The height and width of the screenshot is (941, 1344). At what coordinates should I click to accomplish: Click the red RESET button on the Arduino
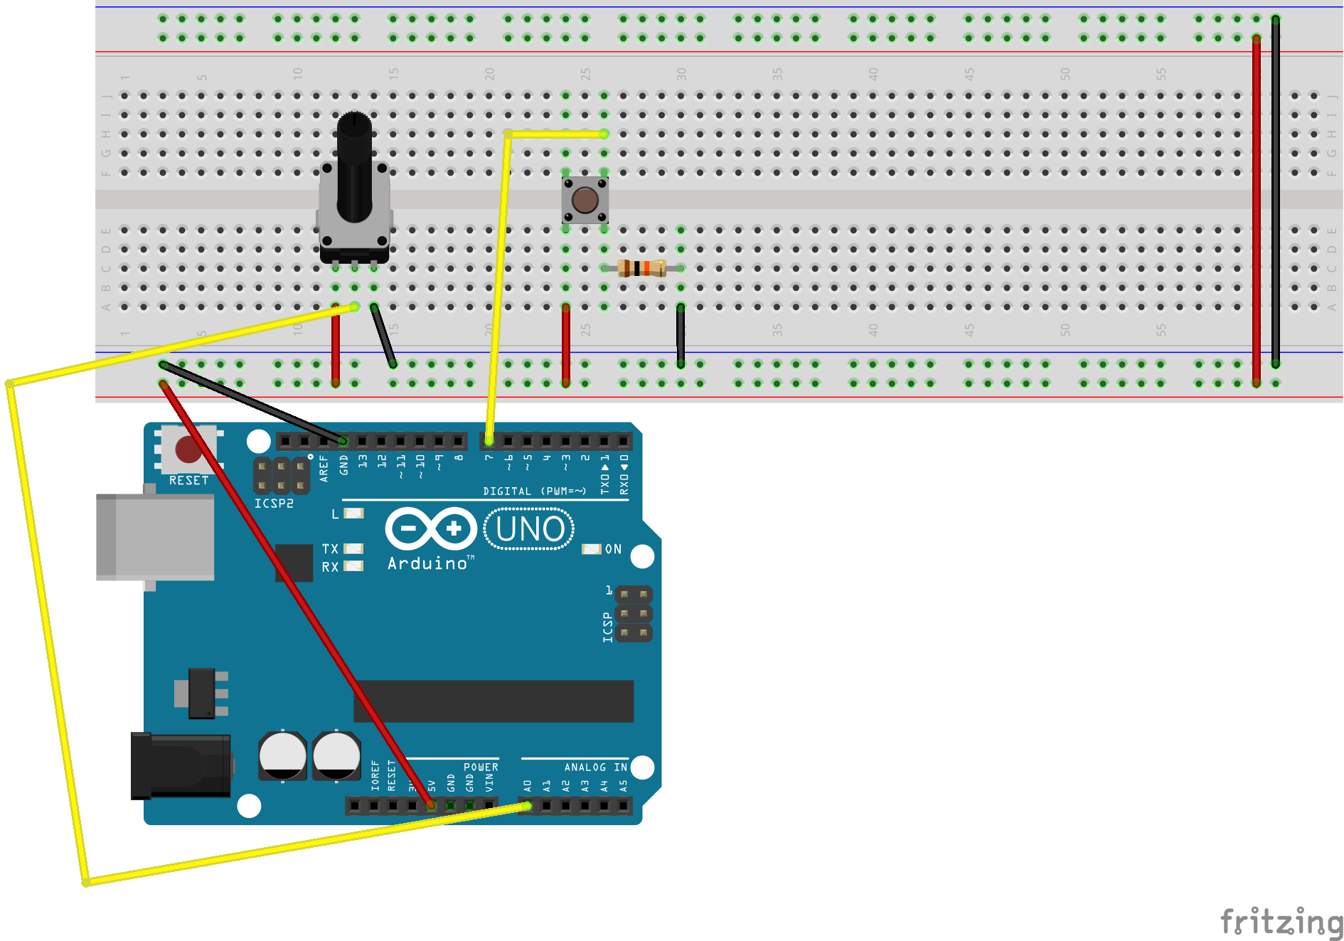(x=188, y=450)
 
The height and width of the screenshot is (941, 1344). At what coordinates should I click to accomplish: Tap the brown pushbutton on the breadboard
(x=585, y=201)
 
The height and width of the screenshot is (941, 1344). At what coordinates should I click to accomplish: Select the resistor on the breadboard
(x=641, y=268)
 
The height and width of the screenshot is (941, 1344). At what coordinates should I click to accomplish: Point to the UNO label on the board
(x=530, y=529)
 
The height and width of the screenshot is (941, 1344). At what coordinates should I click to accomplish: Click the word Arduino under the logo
(x=427, y=563)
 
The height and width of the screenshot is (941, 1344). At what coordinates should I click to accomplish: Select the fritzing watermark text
(x=1280, y=922)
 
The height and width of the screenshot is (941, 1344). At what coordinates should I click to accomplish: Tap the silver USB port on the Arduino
(x=155, y=537)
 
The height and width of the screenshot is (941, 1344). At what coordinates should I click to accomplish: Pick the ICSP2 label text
(x=274, y=504)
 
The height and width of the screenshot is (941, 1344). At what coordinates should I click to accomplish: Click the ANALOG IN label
(x=595, y=767)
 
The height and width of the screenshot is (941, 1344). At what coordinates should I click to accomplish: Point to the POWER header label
(x=481, y=767)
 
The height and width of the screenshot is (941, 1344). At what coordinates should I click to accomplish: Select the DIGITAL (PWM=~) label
(x=534, y=491)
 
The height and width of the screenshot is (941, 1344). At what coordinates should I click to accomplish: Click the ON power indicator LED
(x=591, y=549)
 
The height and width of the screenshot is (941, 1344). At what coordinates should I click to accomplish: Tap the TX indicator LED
(x=353, y=548)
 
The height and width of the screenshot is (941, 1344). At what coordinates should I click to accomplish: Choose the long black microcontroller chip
(x=494, y=701)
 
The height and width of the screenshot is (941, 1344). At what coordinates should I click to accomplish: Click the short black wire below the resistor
(x=681, y=335)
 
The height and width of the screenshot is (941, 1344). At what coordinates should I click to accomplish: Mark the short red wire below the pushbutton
(x=565, y=345)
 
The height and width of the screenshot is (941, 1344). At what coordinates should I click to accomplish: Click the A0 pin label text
(x=528, y=786)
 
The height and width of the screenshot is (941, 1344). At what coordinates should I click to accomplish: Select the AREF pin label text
(x=324, y=469)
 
